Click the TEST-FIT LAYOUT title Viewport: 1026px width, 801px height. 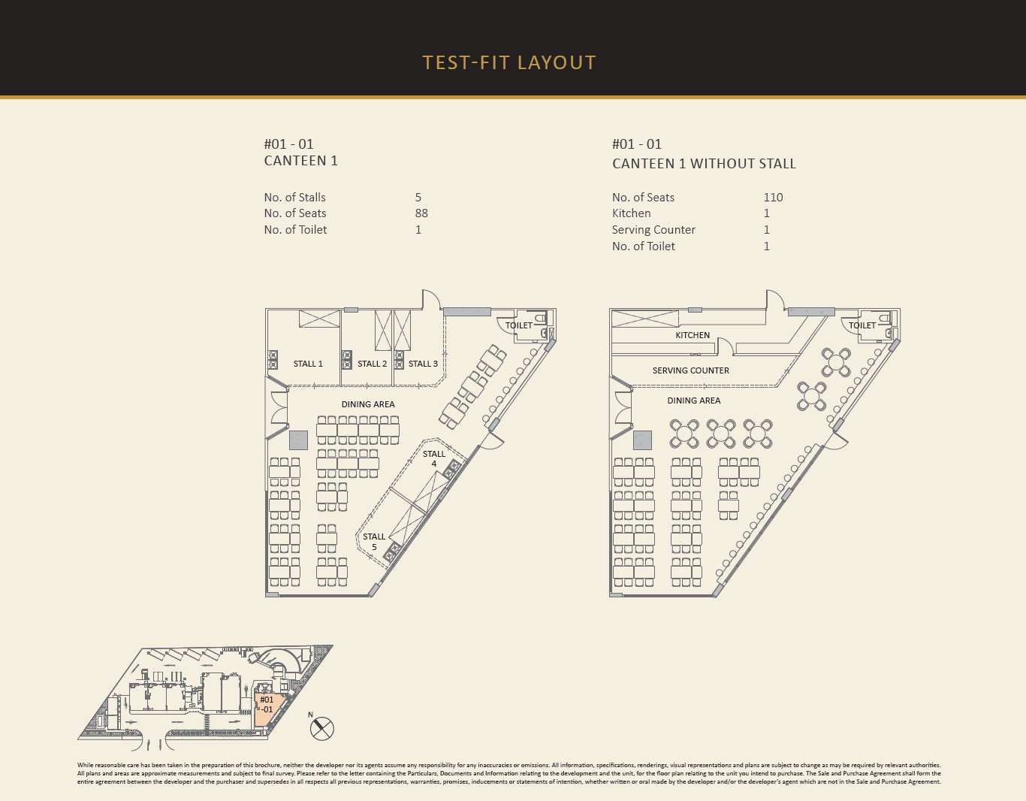pos(509,63)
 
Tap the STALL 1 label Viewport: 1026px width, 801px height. pos(308,364)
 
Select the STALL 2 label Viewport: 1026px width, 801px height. pos(372,364)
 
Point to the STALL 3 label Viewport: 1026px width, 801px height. pos(423,364)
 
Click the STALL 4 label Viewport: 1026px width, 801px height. pos(434,458)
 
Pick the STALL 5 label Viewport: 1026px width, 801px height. pos(374,542)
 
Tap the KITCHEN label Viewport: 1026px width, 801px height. pos(693,335)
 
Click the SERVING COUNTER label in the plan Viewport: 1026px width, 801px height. pos(691,370)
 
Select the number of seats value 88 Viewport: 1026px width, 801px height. pos(421,213)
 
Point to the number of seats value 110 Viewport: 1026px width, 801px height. pos(773,197)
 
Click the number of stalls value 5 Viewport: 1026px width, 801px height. pos(418,197)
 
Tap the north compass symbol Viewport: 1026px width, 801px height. pos(322,728)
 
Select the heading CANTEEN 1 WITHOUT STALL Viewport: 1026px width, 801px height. pos(704,163)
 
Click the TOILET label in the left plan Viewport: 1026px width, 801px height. pos(519,325)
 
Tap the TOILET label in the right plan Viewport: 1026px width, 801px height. pos(862,325)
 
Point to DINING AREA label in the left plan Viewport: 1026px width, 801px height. pos(368,404)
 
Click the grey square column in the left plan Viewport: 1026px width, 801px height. pos(298,440)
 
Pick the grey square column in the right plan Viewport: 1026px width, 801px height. pos(642,440)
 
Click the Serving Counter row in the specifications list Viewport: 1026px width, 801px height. pos(691,229)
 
